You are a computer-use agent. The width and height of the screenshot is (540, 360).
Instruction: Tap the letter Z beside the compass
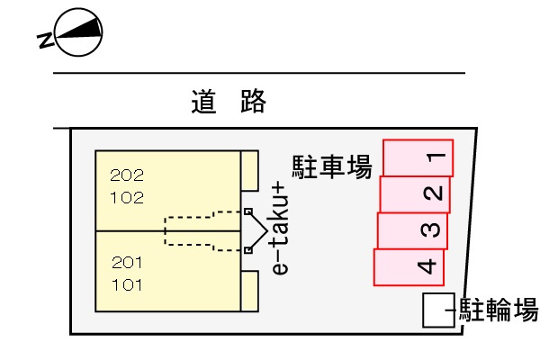click(45, 40)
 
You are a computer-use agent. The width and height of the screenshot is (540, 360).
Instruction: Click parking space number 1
click(418, 157)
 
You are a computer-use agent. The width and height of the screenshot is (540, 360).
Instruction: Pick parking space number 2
click(415, 193)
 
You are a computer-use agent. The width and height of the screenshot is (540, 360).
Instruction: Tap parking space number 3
click(412, 230)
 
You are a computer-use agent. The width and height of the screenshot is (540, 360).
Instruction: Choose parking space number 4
click(409, 266)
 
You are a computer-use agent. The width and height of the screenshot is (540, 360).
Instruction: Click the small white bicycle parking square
click(437, 310)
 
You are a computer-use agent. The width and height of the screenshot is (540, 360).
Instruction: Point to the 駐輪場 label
click(499, 310)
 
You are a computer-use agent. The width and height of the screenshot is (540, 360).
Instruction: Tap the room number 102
click(127, 198)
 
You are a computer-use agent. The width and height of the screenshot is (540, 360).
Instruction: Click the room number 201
click(127, 263)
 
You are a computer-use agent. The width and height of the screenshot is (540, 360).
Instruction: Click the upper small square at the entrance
click(248, 212)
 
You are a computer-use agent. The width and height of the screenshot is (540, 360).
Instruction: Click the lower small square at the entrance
click(248, 250)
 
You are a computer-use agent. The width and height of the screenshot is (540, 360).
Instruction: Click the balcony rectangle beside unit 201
click(250, 291)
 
